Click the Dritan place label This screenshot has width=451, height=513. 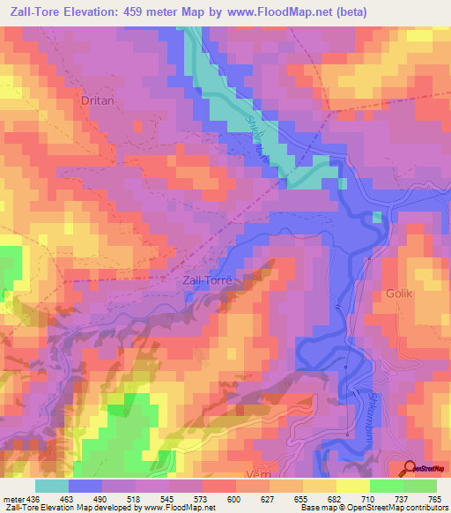click(98, 101)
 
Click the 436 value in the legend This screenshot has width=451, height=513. click(31, 498)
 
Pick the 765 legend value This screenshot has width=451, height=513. click(435, 498)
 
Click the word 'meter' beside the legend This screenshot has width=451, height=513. click(11, 498)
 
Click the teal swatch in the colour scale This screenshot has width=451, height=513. click(52, 486)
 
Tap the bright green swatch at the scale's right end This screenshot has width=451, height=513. click(419, 486)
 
